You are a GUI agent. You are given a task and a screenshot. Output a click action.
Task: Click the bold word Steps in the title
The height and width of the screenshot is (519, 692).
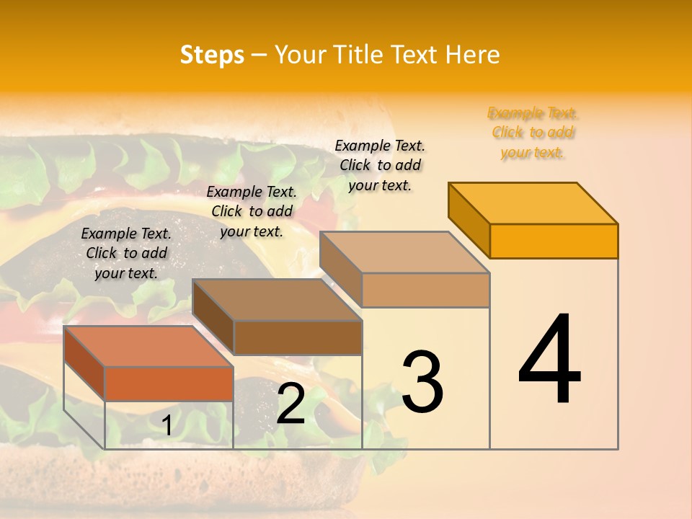(x=212, y=56)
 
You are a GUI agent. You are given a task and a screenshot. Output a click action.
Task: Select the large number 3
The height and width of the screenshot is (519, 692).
(x=422, y=382)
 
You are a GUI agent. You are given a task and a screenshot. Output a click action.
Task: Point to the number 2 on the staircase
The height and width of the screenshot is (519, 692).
(x=290, y=404)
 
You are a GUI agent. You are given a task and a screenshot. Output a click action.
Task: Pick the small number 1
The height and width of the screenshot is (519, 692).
(x=167, y=425)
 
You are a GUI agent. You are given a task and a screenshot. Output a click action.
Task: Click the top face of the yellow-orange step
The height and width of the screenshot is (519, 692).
(x=533, y=203)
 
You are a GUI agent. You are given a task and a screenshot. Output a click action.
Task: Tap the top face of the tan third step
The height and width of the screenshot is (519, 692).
(x=404, y=252)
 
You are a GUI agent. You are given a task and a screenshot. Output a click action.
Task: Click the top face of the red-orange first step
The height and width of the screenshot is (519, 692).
(x=148, y=347)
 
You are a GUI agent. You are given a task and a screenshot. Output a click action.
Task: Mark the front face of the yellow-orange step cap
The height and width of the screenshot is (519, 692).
(x=554, y=241)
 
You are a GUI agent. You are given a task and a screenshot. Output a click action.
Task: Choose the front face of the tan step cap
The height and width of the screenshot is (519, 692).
(x=425, y=290)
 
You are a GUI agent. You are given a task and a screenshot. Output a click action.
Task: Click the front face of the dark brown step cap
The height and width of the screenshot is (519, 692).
(x=298, y=337)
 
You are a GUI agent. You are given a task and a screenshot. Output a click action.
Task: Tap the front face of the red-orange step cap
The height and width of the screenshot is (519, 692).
(x=169, y=383)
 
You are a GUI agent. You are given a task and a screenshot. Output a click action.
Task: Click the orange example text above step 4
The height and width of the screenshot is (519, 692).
(x=533, y=133)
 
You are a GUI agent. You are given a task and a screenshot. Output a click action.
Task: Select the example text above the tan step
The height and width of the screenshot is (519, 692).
(x=380, y=165)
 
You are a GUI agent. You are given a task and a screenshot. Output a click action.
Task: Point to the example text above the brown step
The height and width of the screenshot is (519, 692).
(x=252, y=211)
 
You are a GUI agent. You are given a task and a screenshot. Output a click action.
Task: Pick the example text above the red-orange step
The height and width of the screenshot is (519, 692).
(x=126, y=253)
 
